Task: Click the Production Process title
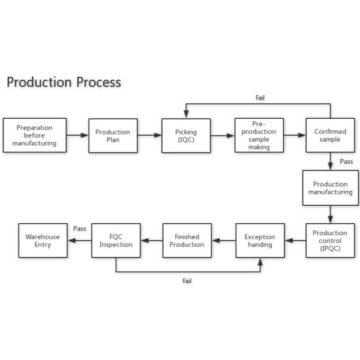tap(64, 82)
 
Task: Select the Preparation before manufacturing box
tap(34, 136)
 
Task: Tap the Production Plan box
tap(113, 136)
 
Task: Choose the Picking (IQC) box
tap(186, 136)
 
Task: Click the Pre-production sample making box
tap(259, 136)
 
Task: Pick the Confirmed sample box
tap(330, 136)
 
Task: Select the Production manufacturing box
tap(330, 188)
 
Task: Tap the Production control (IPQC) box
tap(330, 241)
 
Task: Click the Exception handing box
tap(260, 241)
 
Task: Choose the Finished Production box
tap(187, 241)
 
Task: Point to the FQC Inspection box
tap(116, 241)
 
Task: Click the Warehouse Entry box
tap(43, 241)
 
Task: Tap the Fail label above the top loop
tap(260, 98)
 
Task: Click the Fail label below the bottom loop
tap(187, 281)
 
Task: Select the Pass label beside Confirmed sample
tap(346, 161)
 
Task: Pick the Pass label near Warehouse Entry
tap(80, 229)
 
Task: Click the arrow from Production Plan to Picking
tap(149, 136)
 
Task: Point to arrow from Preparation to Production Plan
tap(77, 136)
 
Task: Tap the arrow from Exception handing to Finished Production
tap(223, 241)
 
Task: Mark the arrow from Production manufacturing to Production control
tap(330, 214)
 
